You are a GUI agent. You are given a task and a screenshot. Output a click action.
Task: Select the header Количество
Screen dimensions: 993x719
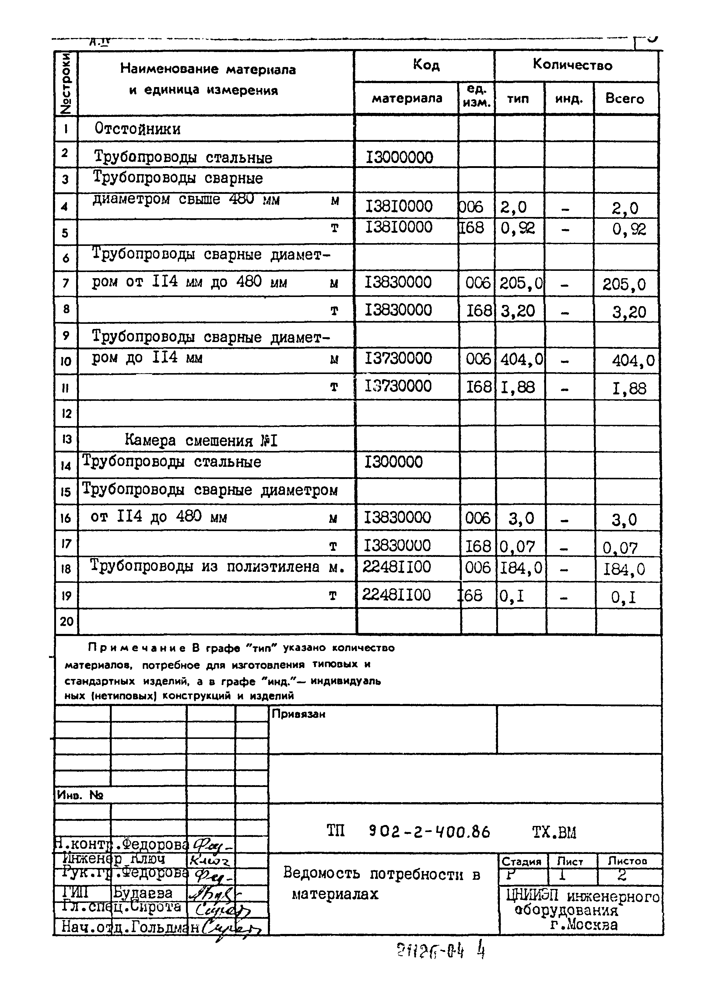coord(572,65)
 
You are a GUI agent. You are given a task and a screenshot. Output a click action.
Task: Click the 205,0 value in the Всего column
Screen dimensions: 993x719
coord(624,285)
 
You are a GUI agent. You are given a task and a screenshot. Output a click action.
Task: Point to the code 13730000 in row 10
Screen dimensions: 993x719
coord(398,358)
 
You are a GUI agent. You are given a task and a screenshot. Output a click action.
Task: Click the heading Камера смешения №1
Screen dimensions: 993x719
coord(201,440)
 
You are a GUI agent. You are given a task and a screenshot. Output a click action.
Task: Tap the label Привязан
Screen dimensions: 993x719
coord(298,714)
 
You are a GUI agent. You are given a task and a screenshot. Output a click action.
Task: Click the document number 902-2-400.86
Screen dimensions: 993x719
coord(429,831)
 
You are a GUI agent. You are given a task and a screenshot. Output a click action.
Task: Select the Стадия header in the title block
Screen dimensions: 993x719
coord(521,862)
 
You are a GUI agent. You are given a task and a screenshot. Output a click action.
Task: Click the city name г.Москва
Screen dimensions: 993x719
coord(584,925)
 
